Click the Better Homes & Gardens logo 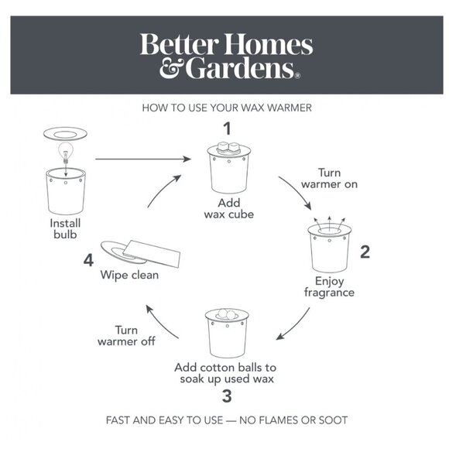pyautogui.click(x=226, y=56)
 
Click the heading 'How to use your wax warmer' pyautogui.click(x=227, y=108)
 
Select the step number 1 pyautogui.click(x=228, y=129)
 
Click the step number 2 pyautogui.click(x=365, y=252)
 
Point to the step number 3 pyautogui.click(x=227, y=396)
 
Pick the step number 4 pyautogui.click(x=88, y=261)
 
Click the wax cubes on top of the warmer pyautogui.click(x=228, y=147)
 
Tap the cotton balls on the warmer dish pyautogui.click(x=227, y=314)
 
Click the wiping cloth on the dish pyautogui.click(x=152, y=253)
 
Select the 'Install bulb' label pyautogui.click(x=65, y=229)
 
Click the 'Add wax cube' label pyautogui.click(x=229, y=209)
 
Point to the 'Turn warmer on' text pyautogui.click(x=329, y=178)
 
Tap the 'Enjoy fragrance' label pyautogui.click(x=329, y=287)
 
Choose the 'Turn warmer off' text pyautogui.click(x=126, y=336)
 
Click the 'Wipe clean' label pyautogui.click(x=129, y=275)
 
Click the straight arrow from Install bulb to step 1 pyautogui.click(x=143, y=159)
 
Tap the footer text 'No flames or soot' pyautogui.click(x=293, y=420)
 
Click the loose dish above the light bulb pyautogui.click(x=65, y=134)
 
